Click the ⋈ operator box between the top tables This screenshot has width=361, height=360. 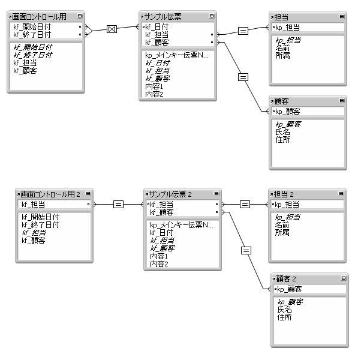111,28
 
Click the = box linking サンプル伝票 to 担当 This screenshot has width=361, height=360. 243,30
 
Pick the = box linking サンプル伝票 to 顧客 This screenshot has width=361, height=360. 243,76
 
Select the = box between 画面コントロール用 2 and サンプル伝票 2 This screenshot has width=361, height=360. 118,205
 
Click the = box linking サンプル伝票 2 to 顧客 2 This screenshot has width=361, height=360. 246,250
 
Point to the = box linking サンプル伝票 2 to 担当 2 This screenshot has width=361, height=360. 245,205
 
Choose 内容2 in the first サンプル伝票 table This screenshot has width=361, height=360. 154,94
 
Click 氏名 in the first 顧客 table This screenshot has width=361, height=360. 282,131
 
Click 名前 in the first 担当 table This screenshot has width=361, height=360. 282,47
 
